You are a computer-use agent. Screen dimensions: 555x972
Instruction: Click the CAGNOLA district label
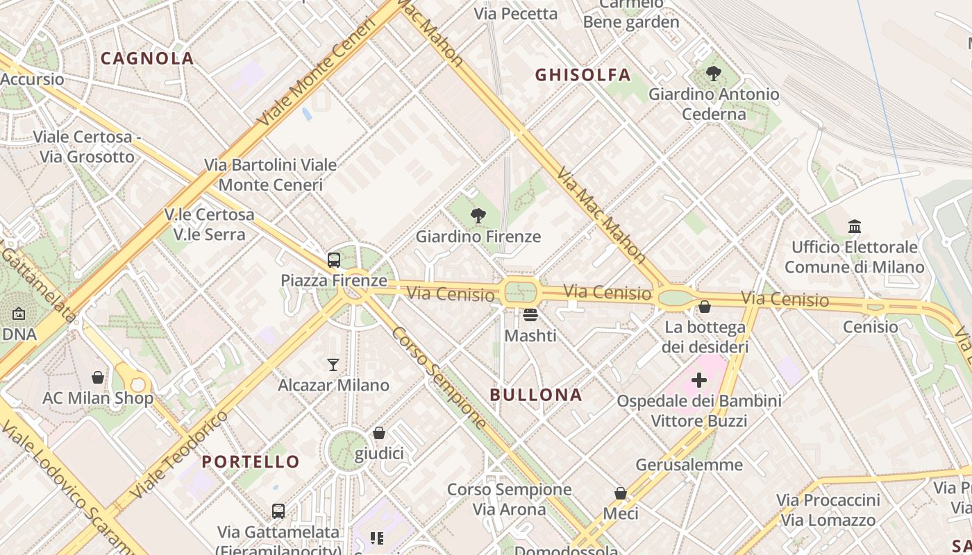coord(147,58)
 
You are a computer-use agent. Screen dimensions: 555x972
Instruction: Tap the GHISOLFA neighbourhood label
coord(583,75)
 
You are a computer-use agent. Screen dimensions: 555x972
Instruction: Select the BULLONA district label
coord(536,395)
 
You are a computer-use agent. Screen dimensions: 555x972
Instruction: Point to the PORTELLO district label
coord(251,461)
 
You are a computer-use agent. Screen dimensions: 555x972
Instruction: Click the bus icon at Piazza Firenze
coord(334,260)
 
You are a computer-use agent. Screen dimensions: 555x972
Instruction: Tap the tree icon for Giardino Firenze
coord(478,216)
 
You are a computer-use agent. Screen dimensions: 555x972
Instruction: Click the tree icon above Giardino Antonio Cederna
coord(713,73)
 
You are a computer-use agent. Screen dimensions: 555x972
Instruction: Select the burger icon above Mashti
coord(530,315)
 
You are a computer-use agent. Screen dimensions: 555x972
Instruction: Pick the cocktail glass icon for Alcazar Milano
coord(333,364)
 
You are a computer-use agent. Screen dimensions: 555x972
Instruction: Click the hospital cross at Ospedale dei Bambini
coord(699,380)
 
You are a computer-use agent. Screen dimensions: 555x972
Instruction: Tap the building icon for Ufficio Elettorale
coord(855,226)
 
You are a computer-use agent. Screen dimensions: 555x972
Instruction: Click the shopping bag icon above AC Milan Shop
coord(98,377)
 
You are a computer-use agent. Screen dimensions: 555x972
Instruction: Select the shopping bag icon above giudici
coord(379,433)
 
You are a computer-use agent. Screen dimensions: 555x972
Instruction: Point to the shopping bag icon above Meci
coord(621,493)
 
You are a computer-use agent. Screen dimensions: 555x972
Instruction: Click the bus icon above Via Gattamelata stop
coord(278,511)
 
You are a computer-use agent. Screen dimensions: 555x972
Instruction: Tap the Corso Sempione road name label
coord(439,377)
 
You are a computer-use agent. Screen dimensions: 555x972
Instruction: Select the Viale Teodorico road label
coord(179,454)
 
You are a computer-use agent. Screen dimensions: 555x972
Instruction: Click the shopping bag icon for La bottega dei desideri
coord(705,307)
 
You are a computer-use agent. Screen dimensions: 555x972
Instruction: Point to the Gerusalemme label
coord(689,465)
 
